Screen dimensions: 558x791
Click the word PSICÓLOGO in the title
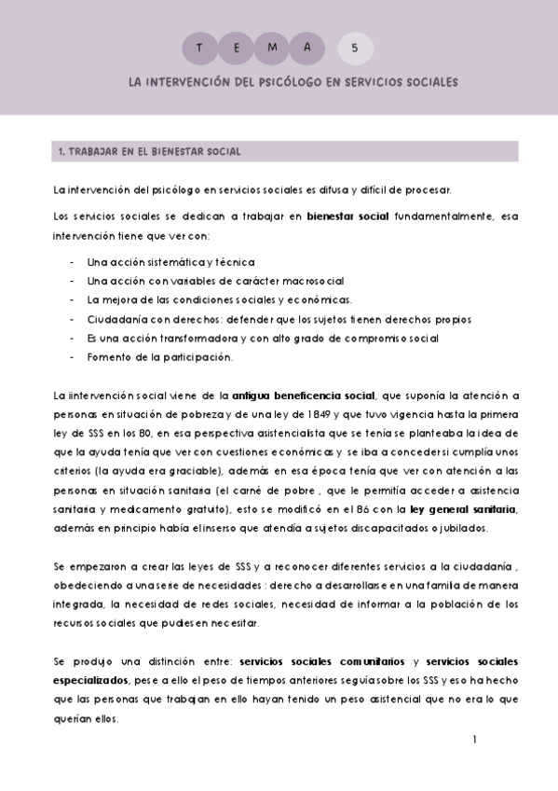point(279,82)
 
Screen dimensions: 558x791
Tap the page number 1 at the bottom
point(474,740)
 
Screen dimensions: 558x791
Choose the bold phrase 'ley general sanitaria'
point(462,509)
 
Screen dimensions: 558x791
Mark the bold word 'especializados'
point(91,680)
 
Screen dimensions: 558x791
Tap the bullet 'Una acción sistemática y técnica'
point(170,262)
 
